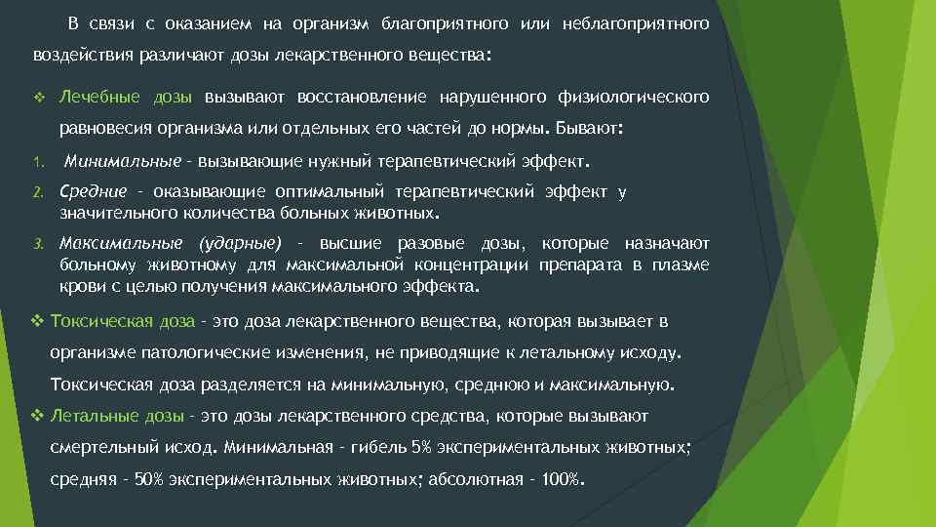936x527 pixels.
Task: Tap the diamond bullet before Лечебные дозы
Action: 38,98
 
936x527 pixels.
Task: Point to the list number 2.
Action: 34,192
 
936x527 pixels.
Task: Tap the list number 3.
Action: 34,243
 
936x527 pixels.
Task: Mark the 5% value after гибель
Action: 422,448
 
